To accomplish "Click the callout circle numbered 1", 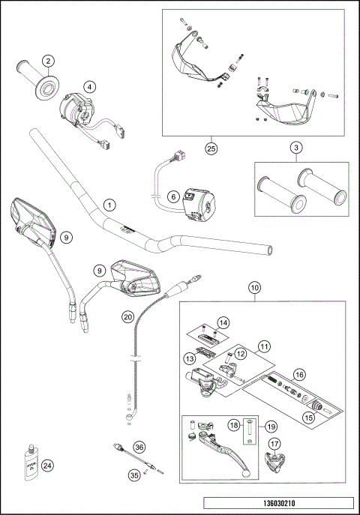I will (x=110, y=205).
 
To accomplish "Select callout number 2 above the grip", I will (x=48, y=61).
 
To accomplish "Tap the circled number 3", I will (x=297, y=148).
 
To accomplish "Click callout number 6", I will (x=172, y=197).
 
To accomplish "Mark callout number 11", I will (x=264, y=346).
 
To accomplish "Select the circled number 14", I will (x=222, y=322).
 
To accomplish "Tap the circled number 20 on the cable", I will (x=127, y=316).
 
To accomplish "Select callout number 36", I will (x=139, y=446).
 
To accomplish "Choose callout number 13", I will (x=190, y=360).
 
